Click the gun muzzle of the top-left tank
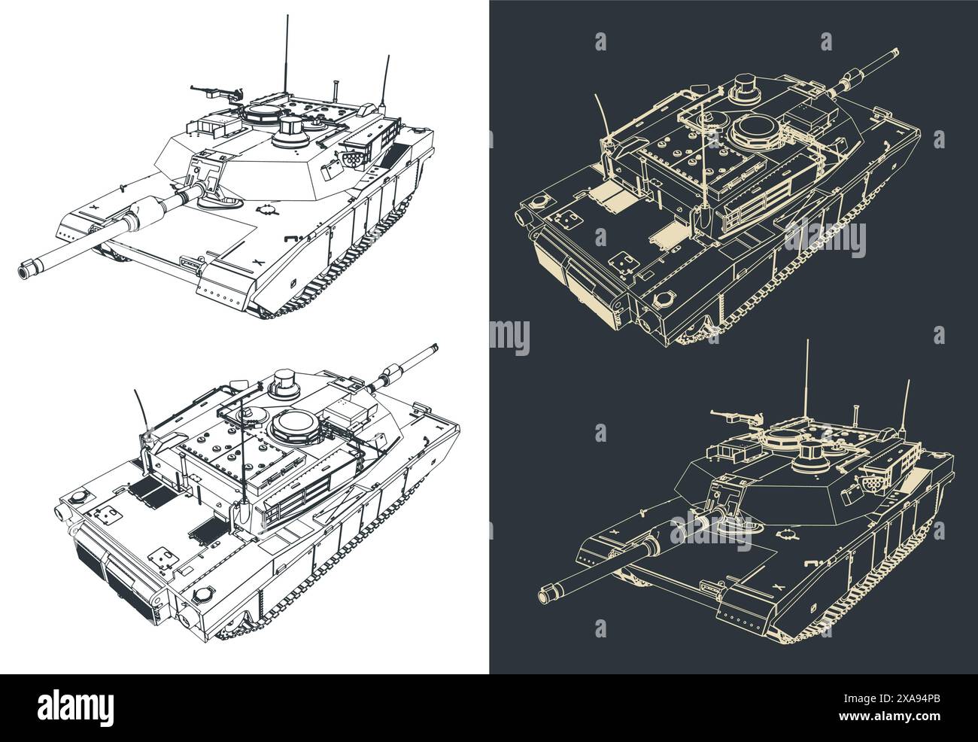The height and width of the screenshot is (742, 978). [x=28, y=266]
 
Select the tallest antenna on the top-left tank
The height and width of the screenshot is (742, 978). [x=285, y=53]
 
